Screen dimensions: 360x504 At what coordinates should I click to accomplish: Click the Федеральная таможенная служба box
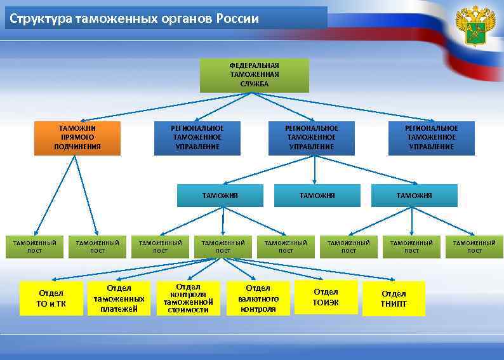[x=254, y=75]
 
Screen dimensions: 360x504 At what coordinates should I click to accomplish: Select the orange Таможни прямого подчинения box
[x=77, y=138]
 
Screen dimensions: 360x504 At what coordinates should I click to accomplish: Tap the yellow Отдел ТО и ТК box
[x=51, y=298]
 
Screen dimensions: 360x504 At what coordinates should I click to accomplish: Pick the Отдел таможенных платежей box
[x=119, y=298]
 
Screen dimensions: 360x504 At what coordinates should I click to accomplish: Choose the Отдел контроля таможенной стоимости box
[x=188, y=298]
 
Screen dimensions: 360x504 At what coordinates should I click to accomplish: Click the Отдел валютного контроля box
[x=258, y=298]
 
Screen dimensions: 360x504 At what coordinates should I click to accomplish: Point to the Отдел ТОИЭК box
[x=326, y=297]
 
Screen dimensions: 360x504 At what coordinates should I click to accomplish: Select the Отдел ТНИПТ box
[x=394, y=298]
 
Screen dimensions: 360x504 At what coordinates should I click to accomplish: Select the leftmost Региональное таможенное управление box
[x=197, y=138]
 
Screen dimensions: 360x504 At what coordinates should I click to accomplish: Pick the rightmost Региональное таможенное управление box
[x=431, y=138]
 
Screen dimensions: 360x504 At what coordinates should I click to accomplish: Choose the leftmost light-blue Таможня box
[x=220, y=196]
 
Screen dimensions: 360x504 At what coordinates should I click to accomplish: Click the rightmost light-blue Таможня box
[x=414, y=196]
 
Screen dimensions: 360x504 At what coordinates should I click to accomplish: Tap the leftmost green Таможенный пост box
[x=35, y=246]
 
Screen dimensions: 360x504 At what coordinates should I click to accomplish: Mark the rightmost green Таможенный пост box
[x=474, y=246]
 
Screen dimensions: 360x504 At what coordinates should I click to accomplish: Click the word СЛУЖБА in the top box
[x=254, y=84]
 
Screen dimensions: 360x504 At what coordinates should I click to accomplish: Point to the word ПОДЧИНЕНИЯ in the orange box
[x=77, y=147]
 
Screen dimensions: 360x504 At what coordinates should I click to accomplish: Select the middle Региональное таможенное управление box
[x=312, y=138]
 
